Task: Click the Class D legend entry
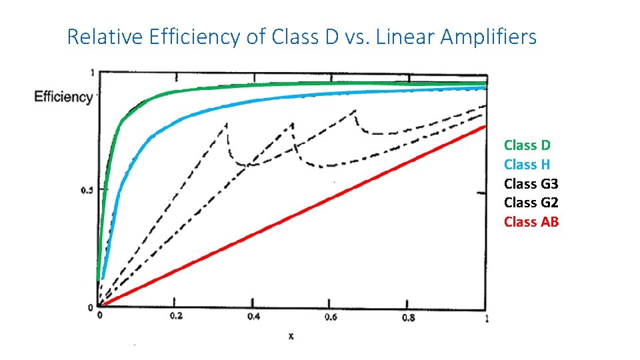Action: click(527, 145)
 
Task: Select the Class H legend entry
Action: click(527, 164)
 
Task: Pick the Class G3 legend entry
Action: click(531, 183)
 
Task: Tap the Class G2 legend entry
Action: click(531, 203)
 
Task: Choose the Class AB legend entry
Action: click(531, 222)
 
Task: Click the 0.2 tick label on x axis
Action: click(176, 317)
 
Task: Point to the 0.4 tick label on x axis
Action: click(253, 317)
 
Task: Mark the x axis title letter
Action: click(291, 336)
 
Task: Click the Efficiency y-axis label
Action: click(63, 97)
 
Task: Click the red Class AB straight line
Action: click(293, 216)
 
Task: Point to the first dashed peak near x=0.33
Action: click(227, 123)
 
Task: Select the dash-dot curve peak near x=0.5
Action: click(292, 124)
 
